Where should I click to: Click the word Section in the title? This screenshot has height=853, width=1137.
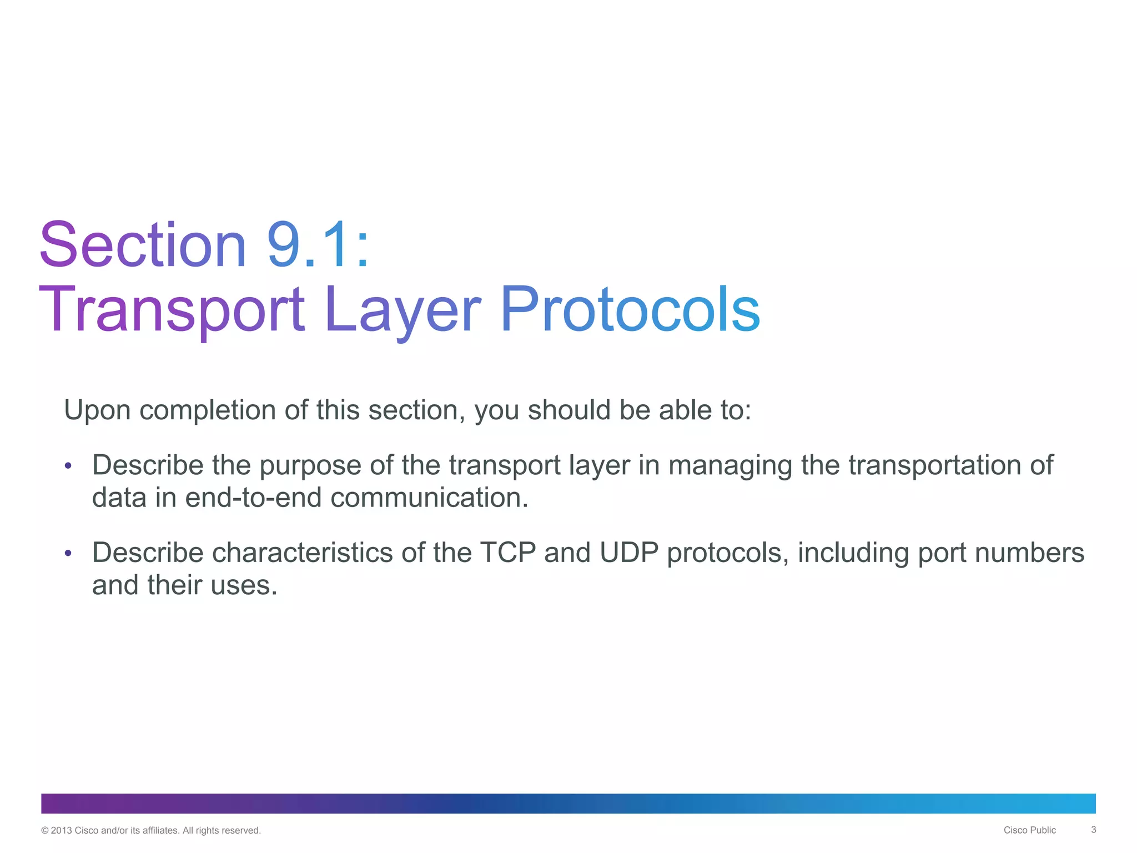pos(143,245)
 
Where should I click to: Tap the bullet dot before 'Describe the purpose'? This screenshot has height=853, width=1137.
pos(68,465)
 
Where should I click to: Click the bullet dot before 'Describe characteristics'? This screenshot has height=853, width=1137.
pos(68,553)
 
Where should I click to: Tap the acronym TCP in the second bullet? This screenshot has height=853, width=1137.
pos(507,553)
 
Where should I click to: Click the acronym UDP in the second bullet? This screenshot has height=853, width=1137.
pos(629,553)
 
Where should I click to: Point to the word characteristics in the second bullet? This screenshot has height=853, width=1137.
pos(303,553)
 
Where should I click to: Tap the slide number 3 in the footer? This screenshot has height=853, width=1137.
pos(1093,830)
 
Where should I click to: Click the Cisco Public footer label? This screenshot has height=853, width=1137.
pos(1029,830)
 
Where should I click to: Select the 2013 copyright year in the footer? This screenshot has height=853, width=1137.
pos(61,831)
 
